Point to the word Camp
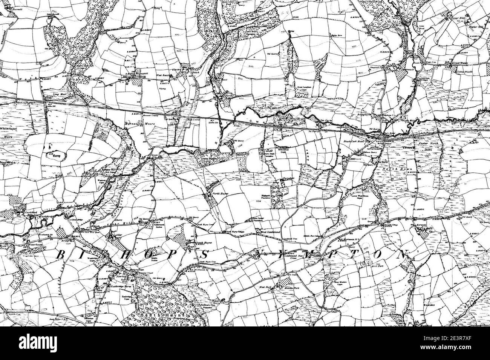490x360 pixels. pyautogui.click(x=57, y=155)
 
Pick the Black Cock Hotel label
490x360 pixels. pyautogui.click(x=353, y=140)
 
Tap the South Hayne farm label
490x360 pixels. pyautogui.click(x=202, y=244)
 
